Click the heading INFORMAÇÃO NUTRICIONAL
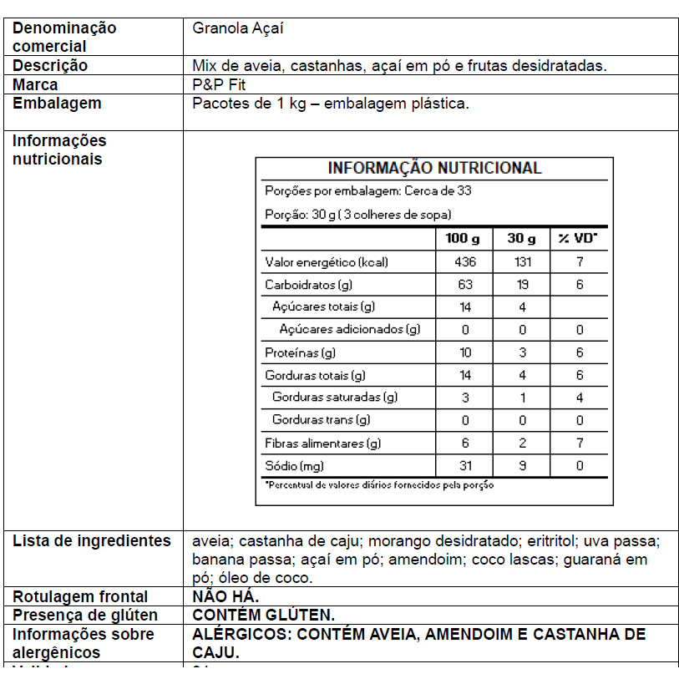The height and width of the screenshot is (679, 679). pyautogui.click(x=434, y=168)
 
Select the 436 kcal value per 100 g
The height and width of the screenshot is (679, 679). pyautogui.click(x=465, y=262)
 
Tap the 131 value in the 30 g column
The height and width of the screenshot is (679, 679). pyautogui.click(x=522, y=262)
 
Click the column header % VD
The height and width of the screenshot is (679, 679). pyautogui.click(x=578, y=239)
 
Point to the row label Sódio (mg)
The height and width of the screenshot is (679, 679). pyautogui.click(x=295, y=466)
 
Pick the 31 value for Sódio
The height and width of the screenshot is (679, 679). pyautogui.click(x=465, y=466)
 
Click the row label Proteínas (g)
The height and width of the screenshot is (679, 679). pyautogui.click(x=301, y=353)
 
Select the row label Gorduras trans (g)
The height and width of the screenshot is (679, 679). pyautogui.click(x=322, y=420)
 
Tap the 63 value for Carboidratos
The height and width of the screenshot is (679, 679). pyautogui.click(x=465, y=285)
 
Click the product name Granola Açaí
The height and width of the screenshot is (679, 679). pyautogui.click(x=238, y=28)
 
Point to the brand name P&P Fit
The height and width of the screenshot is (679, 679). pyautogui.click(x=219, y=85)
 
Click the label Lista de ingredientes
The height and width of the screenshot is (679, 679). pyautogui.click(x=92, y=541)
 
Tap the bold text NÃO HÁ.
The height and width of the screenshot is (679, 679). pyautogui.click(x=225, y=596)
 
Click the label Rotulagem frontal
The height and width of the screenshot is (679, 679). pyautogui.click(x=80, y=596)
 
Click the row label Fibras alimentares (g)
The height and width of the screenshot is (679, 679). pyautogui.click(x=323, y=443)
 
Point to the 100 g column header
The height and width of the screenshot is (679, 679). pyautogui.click(x=463, y=239)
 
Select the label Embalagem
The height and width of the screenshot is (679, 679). pyautogui.click(x=58, y=104)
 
